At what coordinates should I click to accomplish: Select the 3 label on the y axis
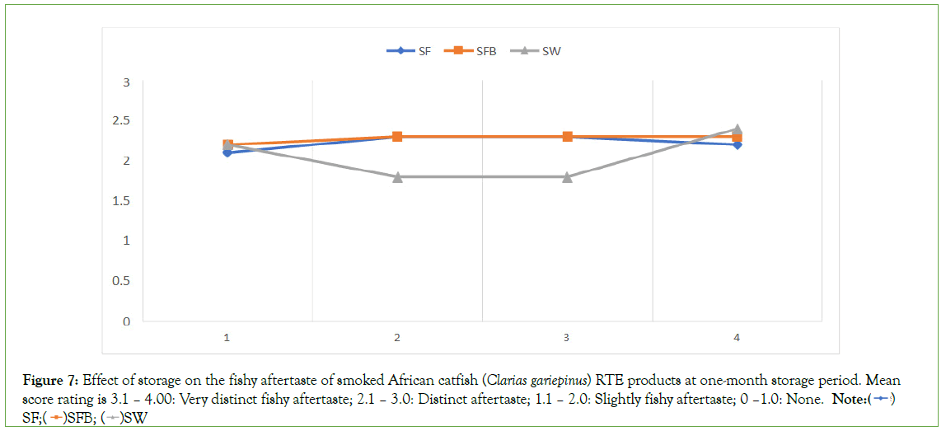tap(126, 82)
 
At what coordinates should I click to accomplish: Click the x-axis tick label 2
tap(397, 338)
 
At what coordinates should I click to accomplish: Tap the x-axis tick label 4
tap(737, 338)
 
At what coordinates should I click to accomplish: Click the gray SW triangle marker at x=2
tap(397, 176)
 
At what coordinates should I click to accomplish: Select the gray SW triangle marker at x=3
tap(567, 176)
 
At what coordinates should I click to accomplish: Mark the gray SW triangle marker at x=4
tap(737, 129)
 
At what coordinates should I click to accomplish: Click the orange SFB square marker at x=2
tap(397, 137)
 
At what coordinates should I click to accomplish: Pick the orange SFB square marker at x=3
tap(567, 137)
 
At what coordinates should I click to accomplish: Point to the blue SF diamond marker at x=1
tap(227, 153)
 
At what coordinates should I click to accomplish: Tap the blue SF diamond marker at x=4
tap(737, 145)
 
